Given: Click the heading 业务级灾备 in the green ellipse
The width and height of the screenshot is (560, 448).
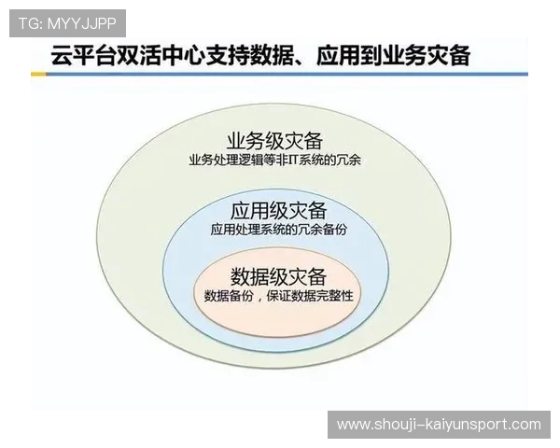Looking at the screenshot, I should (275, 141).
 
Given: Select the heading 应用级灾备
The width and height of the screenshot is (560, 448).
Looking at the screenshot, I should (279, 209).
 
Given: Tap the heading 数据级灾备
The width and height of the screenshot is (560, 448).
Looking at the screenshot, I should (278, 276).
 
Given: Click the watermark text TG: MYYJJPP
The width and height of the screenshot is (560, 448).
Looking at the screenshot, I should (65, 21).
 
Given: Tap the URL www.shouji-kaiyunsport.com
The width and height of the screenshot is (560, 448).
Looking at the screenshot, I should (439, 425).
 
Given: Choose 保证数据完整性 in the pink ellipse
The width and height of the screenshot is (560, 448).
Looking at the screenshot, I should (312, 296).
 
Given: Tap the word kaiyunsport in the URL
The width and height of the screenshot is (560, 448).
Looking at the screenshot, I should (461, 425).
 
